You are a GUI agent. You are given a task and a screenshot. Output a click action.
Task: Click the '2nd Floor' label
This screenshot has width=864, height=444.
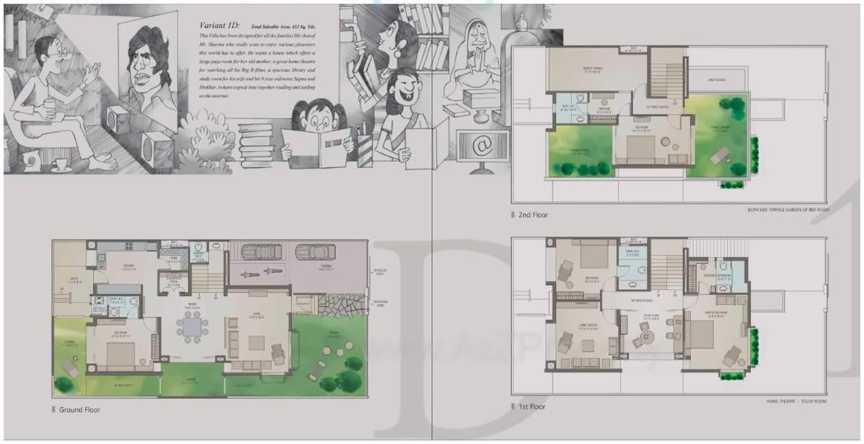coord(533,216)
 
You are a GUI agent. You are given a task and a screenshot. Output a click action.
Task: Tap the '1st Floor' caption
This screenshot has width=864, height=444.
coord(532,406)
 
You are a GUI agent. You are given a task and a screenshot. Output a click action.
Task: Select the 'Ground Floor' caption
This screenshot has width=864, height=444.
coord(79,409)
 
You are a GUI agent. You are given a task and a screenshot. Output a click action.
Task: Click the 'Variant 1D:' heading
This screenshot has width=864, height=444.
coord(218,25)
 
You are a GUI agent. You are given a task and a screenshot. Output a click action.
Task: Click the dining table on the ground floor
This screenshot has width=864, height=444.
coord(192,327)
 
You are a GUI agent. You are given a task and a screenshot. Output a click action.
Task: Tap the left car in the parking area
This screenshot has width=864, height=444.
coord(261,252)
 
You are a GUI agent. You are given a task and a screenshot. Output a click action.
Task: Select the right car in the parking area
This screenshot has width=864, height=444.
coord(315,252)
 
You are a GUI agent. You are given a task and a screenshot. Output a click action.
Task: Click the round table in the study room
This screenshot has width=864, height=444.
coord(645,336)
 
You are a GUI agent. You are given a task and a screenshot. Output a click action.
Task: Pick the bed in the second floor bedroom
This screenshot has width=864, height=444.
coord(640,147)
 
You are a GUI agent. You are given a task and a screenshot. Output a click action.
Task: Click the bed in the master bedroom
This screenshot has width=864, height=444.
coord(699,335)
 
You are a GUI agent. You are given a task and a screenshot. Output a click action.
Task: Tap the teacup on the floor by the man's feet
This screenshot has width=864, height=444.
coord(61,164)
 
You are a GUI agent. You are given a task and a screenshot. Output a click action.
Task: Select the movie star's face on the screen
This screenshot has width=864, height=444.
coord(146,65)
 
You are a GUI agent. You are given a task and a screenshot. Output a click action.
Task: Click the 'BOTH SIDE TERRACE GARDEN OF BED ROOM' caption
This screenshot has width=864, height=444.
coord(786,210)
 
